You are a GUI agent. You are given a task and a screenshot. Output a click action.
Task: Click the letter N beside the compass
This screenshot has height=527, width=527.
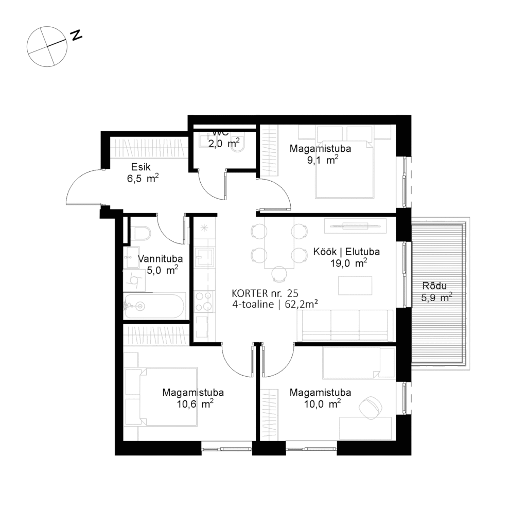point(76,36)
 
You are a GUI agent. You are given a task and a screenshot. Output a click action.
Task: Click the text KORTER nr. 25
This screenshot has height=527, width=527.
point(265,293)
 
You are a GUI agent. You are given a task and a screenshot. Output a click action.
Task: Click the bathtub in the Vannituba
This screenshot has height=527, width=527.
point(154,307)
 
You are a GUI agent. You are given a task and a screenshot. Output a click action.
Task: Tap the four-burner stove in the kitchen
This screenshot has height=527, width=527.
point(203,301)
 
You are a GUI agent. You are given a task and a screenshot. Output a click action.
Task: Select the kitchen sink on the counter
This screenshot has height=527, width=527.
point(204,257)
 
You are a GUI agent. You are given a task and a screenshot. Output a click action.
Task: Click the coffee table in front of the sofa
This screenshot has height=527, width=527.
point(355,286)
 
